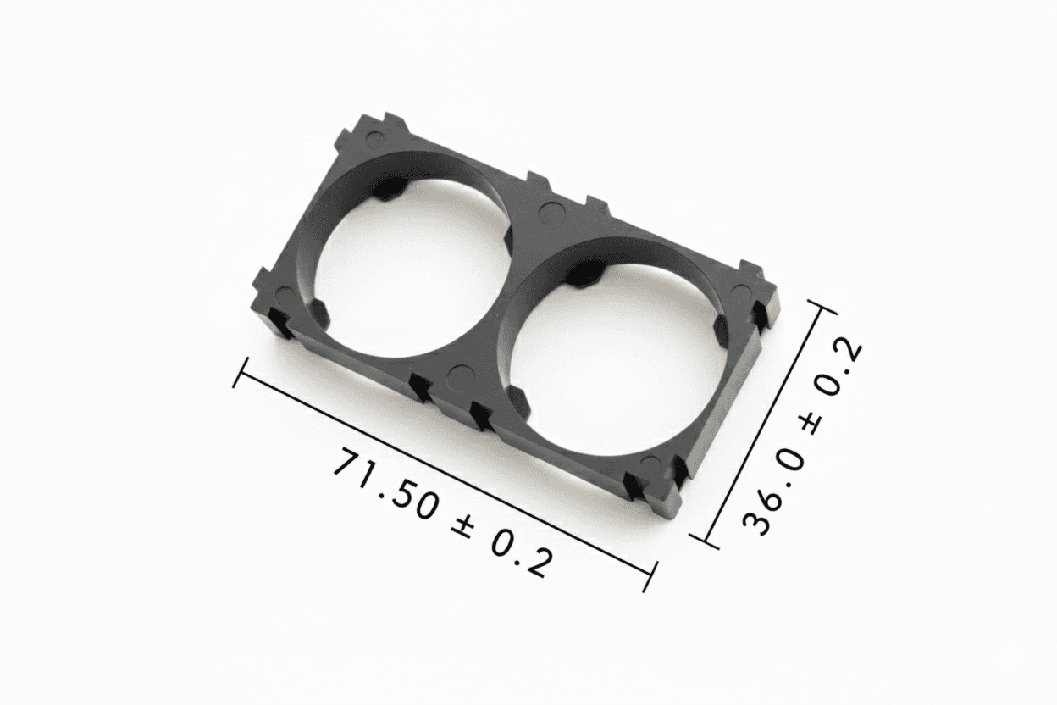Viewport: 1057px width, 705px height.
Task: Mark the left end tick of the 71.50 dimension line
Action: click(241, 374)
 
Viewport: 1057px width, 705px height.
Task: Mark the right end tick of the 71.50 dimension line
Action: click(650, 576)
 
